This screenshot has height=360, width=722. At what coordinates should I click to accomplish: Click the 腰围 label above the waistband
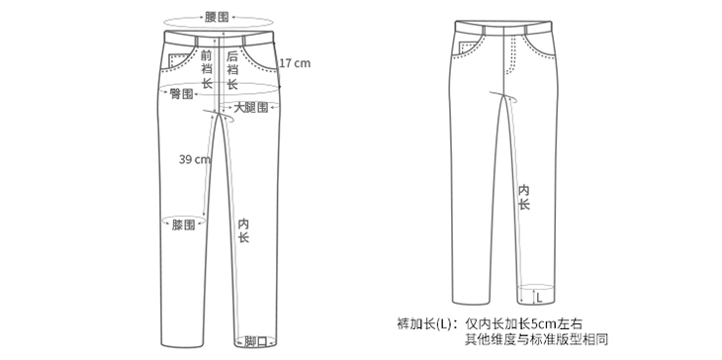coord(217,18)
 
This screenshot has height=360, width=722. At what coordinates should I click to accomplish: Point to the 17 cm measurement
coord(295,63)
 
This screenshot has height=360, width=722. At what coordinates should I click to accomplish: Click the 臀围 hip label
coord(181,93)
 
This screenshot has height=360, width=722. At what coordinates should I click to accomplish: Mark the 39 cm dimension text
coord(195,159)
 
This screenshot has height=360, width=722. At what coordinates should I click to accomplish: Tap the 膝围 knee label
coord(183,225)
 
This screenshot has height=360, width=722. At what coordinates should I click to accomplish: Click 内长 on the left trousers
coord(243,230)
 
